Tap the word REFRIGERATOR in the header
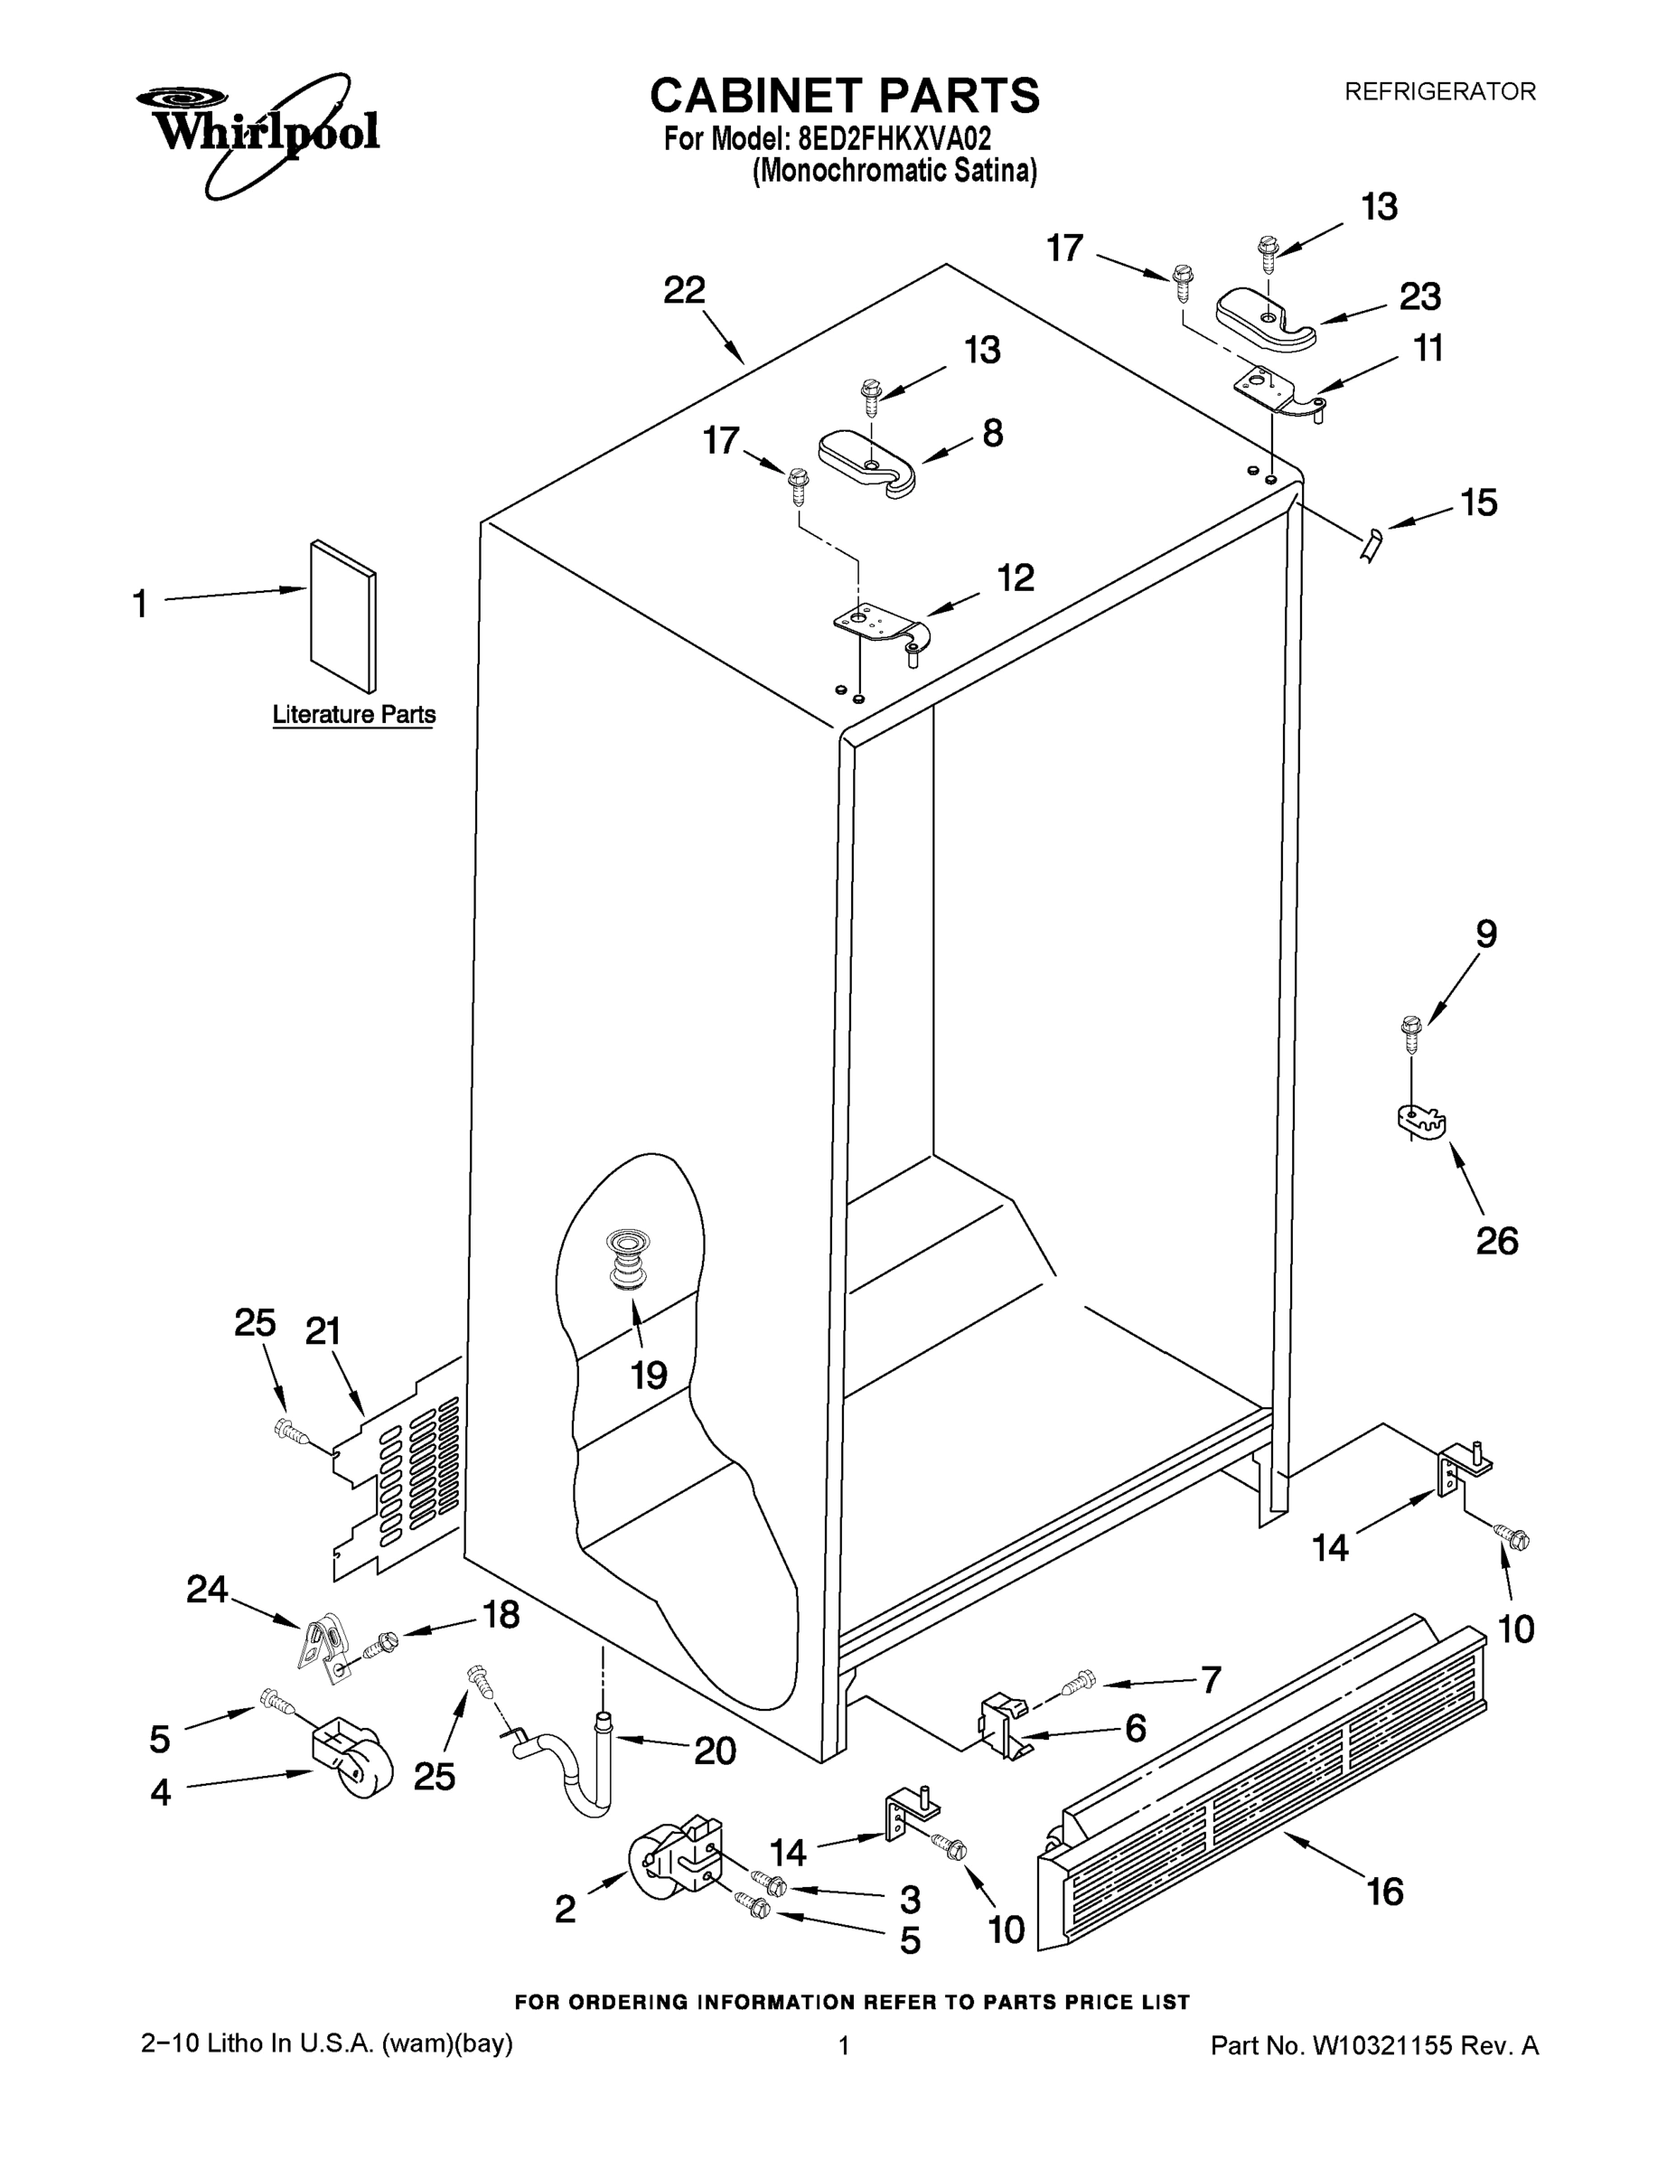[1438, 91]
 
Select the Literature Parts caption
[353, 714]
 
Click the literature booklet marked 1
[343, 615]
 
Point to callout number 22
[684, 290]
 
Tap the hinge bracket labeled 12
[879, 629]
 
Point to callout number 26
[1496, 1241]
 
